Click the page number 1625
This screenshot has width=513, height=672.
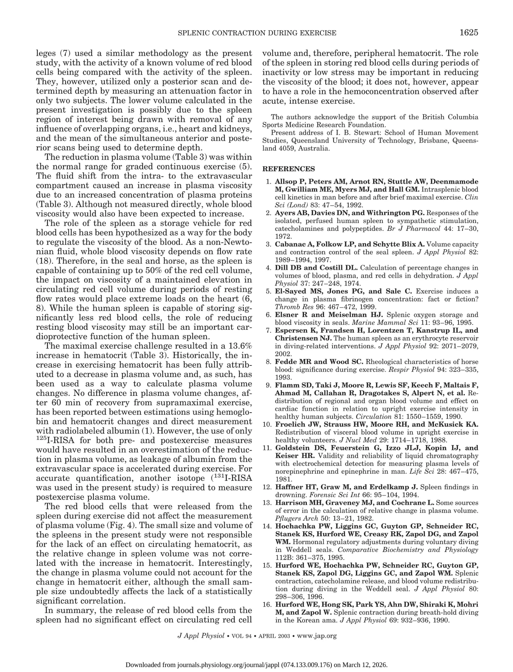coord(469,32)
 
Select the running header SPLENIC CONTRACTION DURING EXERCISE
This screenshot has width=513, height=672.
coord(257,33)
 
